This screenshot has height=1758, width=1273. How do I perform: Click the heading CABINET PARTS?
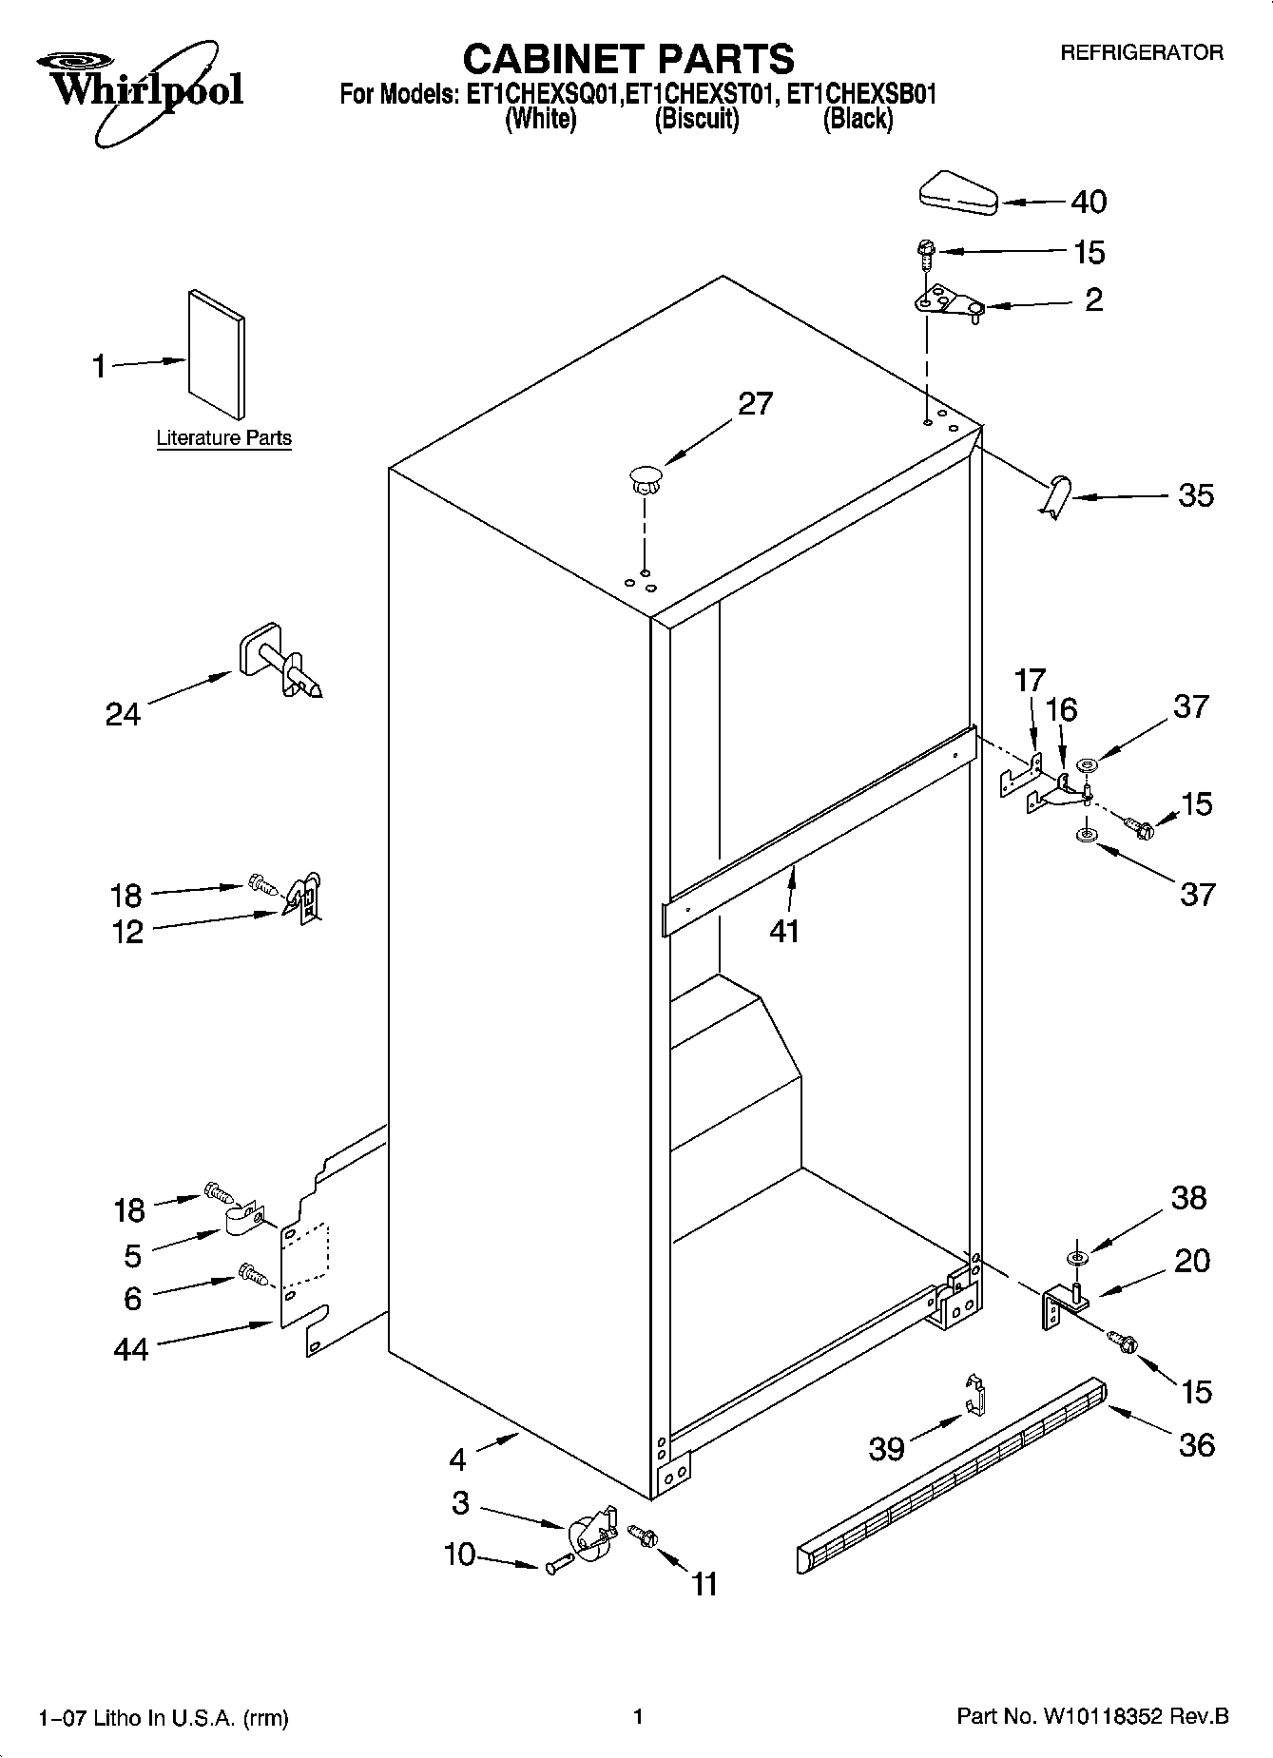pyautogui.click(x=627, y=59)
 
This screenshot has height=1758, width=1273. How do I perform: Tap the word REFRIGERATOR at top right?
pyautogui.click(x=1141, y=53)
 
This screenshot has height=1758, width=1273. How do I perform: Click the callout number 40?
pyautogui.click(x=1089, y=202)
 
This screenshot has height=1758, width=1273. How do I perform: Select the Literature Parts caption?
pyautogui.click(x=223, y=438)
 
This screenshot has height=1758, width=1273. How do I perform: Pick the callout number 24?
pyautogui.click(x=123, y=714)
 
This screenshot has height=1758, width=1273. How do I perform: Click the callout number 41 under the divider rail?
pyautogui.click(x=784, y=931)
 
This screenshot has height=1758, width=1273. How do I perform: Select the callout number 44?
pyautogui.click(x=130, y=1349)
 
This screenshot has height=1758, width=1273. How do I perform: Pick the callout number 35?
pyautogui.click(x=1196, y=495)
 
